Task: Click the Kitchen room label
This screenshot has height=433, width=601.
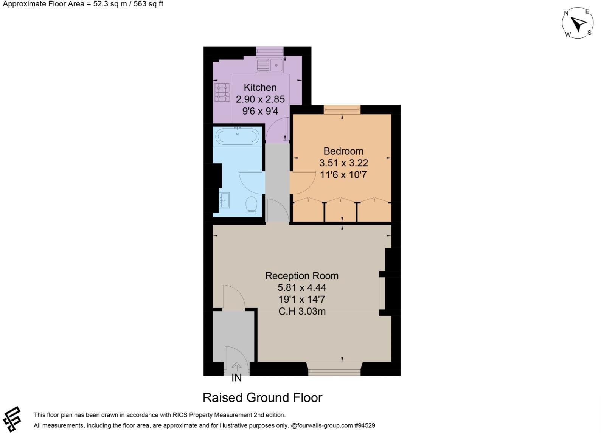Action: tap(260, 87)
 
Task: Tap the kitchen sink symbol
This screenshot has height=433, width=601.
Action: tap(270, 65)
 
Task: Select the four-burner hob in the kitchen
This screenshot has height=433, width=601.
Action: tap(222, 92)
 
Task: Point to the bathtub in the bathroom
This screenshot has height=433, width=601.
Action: tap(237, 136)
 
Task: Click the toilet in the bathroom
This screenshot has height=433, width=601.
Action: tap(251, 204)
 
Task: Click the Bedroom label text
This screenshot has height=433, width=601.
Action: tap(343, 151)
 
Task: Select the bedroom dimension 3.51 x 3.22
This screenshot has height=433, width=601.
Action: tap(343, 163)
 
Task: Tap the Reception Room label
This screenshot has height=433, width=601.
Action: tap(302, 276)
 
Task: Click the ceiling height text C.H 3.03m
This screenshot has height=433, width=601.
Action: tap(302, 312)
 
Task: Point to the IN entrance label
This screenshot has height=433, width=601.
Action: tap(236, 378)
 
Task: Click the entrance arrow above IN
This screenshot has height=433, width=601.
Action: tap(236, 366)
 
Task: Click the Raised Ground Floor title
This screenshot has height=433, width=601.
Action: tap(262, 398)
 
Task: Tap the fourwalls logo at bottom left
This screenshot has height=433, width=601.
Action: tap(12, 419)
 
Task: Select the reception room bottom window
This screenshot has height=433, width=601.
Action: tap(334, 369)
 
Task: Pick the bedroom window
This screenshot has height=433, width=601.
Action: tap(342, 109)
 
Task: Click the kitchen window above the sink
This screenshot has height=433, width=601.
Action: tap(270, 51)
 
